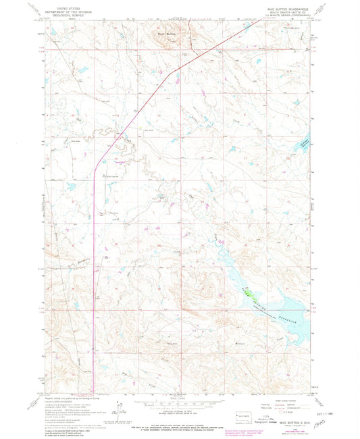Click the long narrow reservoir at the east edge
pyautogui.click(x=305, y=143)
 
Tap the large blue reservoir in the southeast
pyautogui.click(x=270, y=297)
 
